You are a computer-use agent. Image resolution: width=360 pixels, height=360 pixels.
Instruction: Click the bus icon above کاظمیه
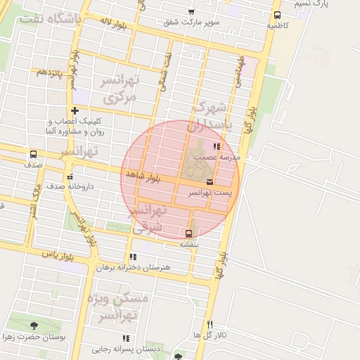click(x=277, y=15)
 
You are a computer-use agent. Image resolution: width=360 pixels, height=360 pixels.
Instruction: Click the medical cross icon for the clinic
click(x=75, y=110)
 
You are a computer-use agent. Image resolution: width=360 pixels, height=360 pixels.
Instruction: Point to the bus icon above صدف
click(x=33, y=155)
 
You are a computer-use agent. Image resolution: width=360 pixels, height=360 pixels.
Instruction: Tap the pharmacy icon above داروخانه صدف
click(x=69, y=176)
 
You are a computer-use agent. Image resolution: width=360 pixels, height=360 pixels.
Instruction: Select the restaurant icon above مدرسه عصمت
click(x=214, y=147)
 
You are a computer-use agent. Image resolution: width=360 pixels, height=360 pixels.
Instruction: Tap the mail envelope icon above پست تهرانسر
click(x=210, y=182)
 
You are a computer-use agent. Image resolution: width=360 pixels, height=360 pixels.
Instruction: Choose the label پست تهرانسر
click(x=209, y=192)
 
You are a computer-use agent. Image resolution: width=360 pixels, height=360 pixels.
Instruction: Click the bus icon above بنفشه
click(x=188, y=233)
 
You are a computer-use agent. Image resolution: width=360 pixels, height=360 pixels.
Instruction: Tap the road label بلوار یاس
click(x=58, y=254)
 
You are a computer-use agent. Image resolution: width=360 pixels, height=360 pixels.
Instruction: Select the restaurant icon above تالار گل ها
click(x=210, y=323)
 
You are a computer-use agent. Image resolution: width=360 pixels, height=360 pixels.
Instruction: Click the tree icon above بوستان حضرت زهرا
click(x=34, y=326)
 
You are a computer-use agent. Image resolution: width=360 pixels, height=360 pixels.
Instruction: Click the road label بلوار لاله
click(x=112, y=24)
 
